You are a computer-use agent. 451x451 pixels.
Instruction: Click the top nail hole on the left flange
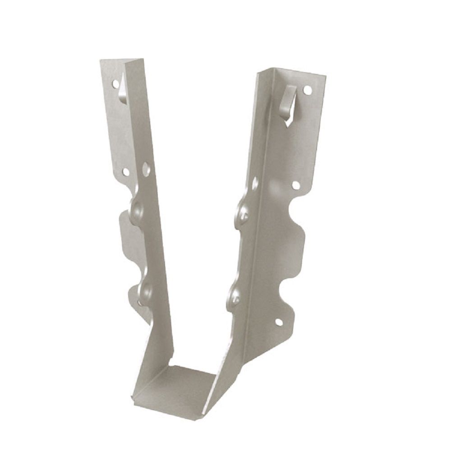pyautogui.click(x=113, y=84)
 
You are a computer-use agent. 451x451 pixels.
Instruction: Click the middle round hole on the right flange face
pyautogui.click(x=296, y=184)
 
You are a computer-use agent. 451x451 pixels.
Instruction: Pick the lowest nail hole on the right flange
pyautogui.click(x=278, y=322)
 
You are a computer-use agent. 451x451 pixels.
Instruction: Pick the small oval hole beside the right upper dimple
pyautogui.click(x=254, y=183)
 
